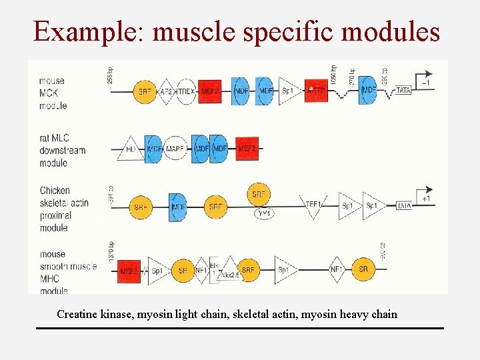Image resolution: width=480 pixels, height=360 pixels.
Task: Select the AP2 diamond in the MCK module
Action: [x=166, y=91]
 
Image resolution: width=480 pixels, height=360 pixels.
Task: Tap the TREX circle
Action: [x=187, y=91]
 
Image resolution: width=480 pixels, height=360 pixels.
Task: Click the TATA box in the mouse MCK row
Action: [x=404, y=91]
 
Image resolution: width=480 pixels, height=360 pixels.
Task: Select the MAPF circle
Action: [x=175, y=149]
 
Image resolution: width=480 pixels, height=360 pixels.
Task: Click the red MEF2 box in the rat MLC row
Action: [x=247, y=149]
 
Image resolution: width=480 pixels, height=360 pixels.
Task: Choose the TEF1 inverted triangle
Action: [x=313, y=203]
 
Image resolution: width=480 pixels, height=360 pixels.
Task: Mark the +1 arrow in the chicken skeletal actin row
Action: [x=424, y=193]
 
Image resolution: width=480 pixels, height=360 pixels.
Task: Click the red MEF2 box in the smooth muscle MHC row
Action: [x=129, y=271]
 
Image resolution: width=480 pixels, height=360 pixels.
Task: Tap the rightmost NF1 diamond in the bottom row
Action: [x=337, y=270]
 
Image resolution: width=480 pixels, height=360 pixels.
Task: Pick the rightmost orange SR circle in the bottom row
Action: [x=364, y=269]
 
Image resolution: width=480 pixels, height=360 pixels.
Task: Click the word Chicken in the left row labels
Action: [x=55, y=191]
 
